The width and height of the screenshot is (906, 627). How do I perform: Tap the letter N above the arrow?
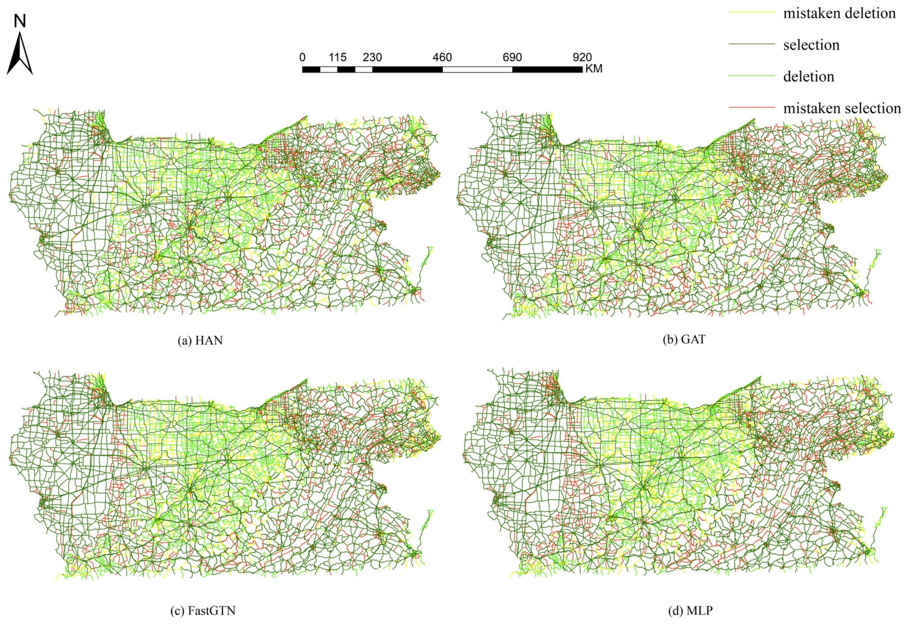pyautogui.click(x=20, y=21)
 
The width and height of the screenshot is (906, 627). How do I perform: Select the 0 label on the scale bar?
pyautogui.click(x=302, y=57)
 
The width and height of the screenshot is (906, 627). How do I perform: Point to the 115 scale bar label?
pyautogui.click(x=337, y=57)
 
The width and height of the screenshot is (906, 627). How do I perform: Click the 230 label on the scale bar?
pyautogui.click(x=372, y=57)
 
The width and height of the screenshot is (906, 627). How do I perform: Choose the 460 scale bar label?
pyautogui.click(x=442, y=57)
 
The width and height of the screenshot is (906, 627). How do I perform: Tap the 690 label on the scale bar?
pyautogui.click(x=512, y=57)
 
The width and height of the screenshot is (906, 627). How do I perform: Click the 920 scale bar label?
pyautogui.click(x=582, y=57)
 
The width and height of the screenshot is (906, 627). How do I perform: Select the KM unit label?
pyautogui.click(x=594, y=69)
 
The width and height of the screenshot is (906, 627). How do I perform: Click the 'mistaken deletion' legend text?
pyautogui.click(x=839, y=14)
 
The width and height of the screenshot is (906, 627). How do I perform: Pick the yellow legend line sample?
pyautogui.click(x=752, y=12)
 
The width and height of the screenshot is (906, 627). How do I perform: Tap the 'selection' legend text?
pyautogui.click(x=811, y=45)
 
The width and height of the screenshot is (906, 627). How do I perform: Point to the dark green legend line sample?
pyautogui.click(x=752, y=44)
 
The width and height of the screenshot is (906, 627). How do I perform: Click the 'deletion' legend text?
pyautogui.click(x=808, y=76)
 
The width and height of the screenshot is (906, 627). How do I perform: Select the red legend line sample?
pyautogui.click(x=752, y=107)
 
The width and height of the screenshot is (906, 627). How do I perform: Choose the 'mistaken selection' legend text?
pyautogui.click(x=842, y=108)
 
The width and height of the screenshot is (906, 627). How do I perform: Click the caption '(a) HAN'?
pyautogui.click(x=200, y=340)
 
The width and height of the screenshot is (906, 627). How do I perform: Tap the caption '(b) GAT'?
pyautogui.click(x=684, y=339)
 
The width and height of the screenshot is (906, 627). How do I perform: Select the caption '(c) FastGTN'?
pyautogui.click(x=203, y=611)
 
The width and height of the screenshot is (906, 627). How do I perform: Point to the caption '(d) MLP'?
pyautogui.click(x=690, y=611)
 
